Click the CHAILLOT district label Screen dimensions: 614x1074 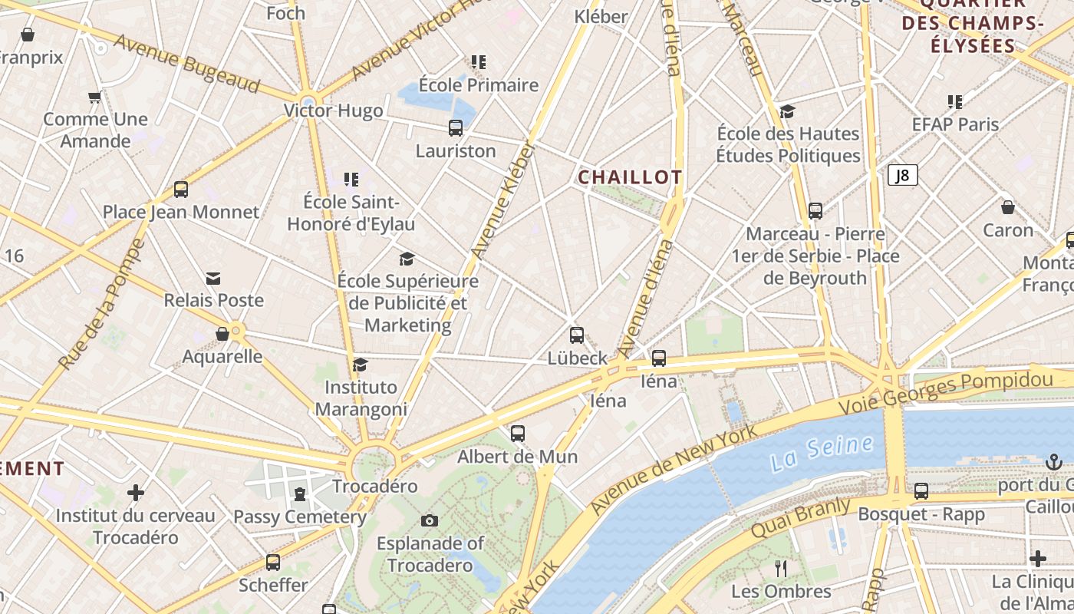[630, 177]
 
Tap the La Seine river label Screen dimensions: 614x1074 [822, 453]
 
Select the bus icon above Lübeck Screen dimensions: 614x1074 [577, 335]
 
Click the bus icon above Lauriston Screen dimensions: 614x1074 [456, 128]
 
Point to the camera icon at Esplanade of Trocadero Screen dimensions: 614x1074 [430, 521]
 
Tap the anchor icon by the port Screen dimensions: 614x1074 [1053, 462]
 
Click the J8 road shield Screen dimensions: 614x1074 [903, 175]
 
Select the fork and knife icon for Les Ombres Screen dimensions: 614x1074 [781, 569]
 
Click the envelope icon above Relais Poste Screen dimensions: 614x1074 [213, 278]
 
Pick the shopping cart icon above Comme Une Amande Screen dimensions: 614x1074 [95, 97]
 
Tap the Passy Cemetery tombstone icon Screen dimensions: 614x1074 [300, 494]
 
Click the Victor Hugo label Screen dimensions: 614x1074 [334, 111]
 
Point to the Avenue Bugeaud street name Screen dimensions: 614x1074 [187, 64]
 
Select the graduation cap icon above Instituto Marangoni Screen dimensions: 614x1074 [361, 365]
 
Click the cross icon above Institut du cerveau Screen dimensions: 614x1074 [136, 493]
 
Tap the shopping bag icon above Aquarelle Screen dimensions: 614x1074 [222, 335]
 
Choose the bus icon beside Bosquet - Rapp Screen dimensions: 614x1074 [921, 491]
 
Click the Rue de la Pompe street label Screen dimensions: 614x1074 [101, 305]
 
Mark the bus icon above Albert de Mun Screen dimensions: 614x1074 [518, 434]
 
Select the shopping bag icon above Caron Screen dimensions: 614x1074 [1008, 207]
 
